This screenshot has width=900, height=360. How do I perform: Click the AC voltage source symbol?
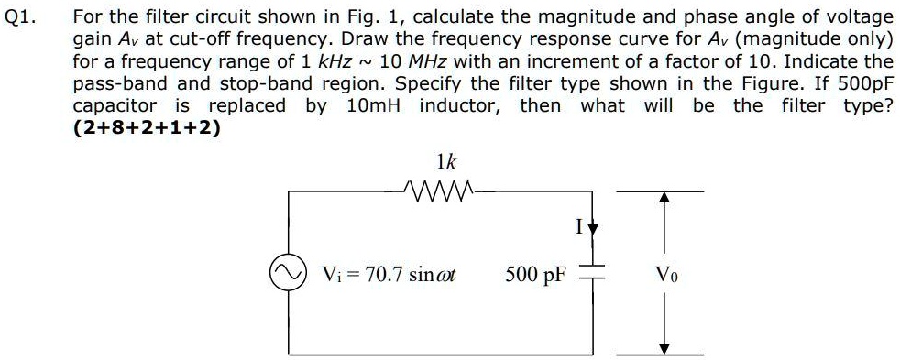pos(283,273)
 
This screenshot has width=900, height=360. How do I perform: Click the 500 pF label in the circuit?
pos(535,274)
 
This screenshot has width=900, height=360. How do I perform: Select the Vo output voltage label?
pos(666,274)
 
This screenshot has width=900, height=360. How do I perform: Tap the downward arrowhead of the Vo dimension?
pos(666,348)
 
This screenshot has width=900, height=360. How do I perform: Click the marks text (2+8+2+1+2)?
pos(147,127)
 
